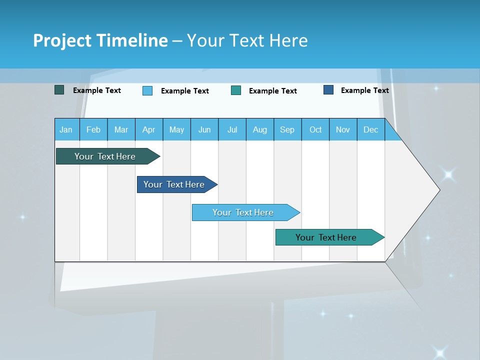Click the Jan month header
coord(66,129)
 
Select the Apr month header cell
coord(149,129)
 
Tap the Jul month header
coord(232,129)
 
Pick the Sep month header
coord(287,129)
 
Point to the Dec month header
coord(370,129)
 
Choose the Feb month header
coord(93,129)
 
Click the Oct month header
coord(315,129)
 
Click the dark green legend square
coord(59,90)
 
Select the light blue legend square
coord(147,90)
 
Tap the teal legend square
coord(236,90)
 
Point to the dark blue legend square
coord(328,90)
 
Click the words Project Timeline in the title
coord(100,40)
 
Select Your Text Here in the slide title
coord(247,40)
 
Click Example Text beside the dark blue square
coord(364,90)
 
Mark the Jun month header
coord(204,129)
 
